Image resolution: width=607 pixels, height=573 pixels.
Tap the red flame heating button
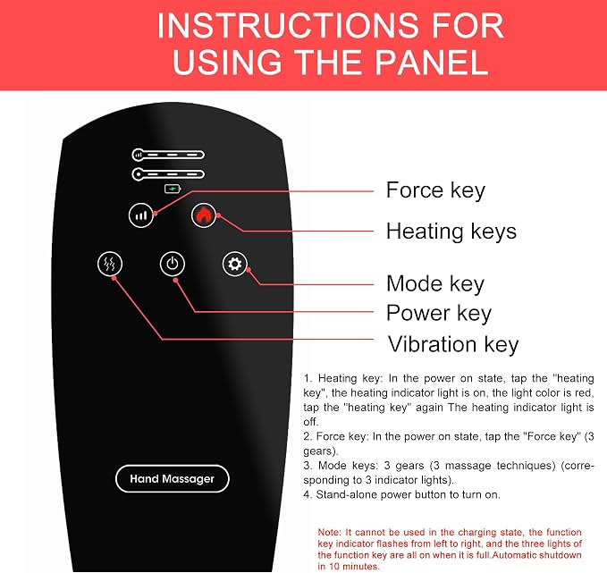pyautogui.click(x=204, y=215)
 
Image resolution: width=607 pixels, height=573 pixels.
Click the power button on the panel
pyautogui.click(x=173, y=264)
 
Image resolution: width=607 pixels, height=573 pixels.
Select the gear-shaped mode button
pyautogui.click(x=234, y=264)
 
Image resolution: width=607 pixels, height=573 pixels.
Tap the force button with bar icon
pyautogui.click(x=141, y=215)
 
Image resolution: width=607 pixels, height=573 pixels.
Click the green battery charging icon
pyautogui.click(x=173, y=189)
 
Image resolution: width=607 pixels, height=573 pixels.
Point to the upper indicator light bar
pyautogui.click(x=168, y=155)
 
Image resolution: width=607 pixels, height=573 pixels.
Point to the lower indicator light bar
pyautogui.click(x=168, y=174)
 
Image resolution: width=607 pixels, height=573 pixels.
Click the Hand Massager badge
pyautogui.click(x=173, y=478)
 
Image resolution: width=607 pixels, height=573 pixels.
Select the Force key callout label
pyautogui.click(x=435, y=190)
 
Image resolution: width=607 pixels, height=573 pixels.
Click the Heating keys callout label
pyautogui.click(x=451, y=232)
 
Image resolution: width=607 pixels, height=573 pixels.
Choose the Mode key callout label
pyautogui.click(x=435, y=283)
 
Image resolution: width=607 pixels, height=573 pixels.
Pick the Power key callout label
pyautogui.click(x=439, y=313)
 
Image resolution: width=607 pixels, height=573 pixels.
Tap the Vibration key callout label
pyautogui.click(x=453, y=344)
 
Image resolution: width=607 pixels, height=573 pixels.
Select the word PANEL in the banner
pyautogui.click(x=431, y=63)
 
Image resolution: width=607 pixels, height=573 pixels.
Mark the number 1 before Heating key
pyautogui.click(x=308, y=378)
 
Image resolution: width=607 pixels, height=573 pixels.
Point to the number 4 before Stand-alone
pyautogui.click(x=308, y=494)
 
